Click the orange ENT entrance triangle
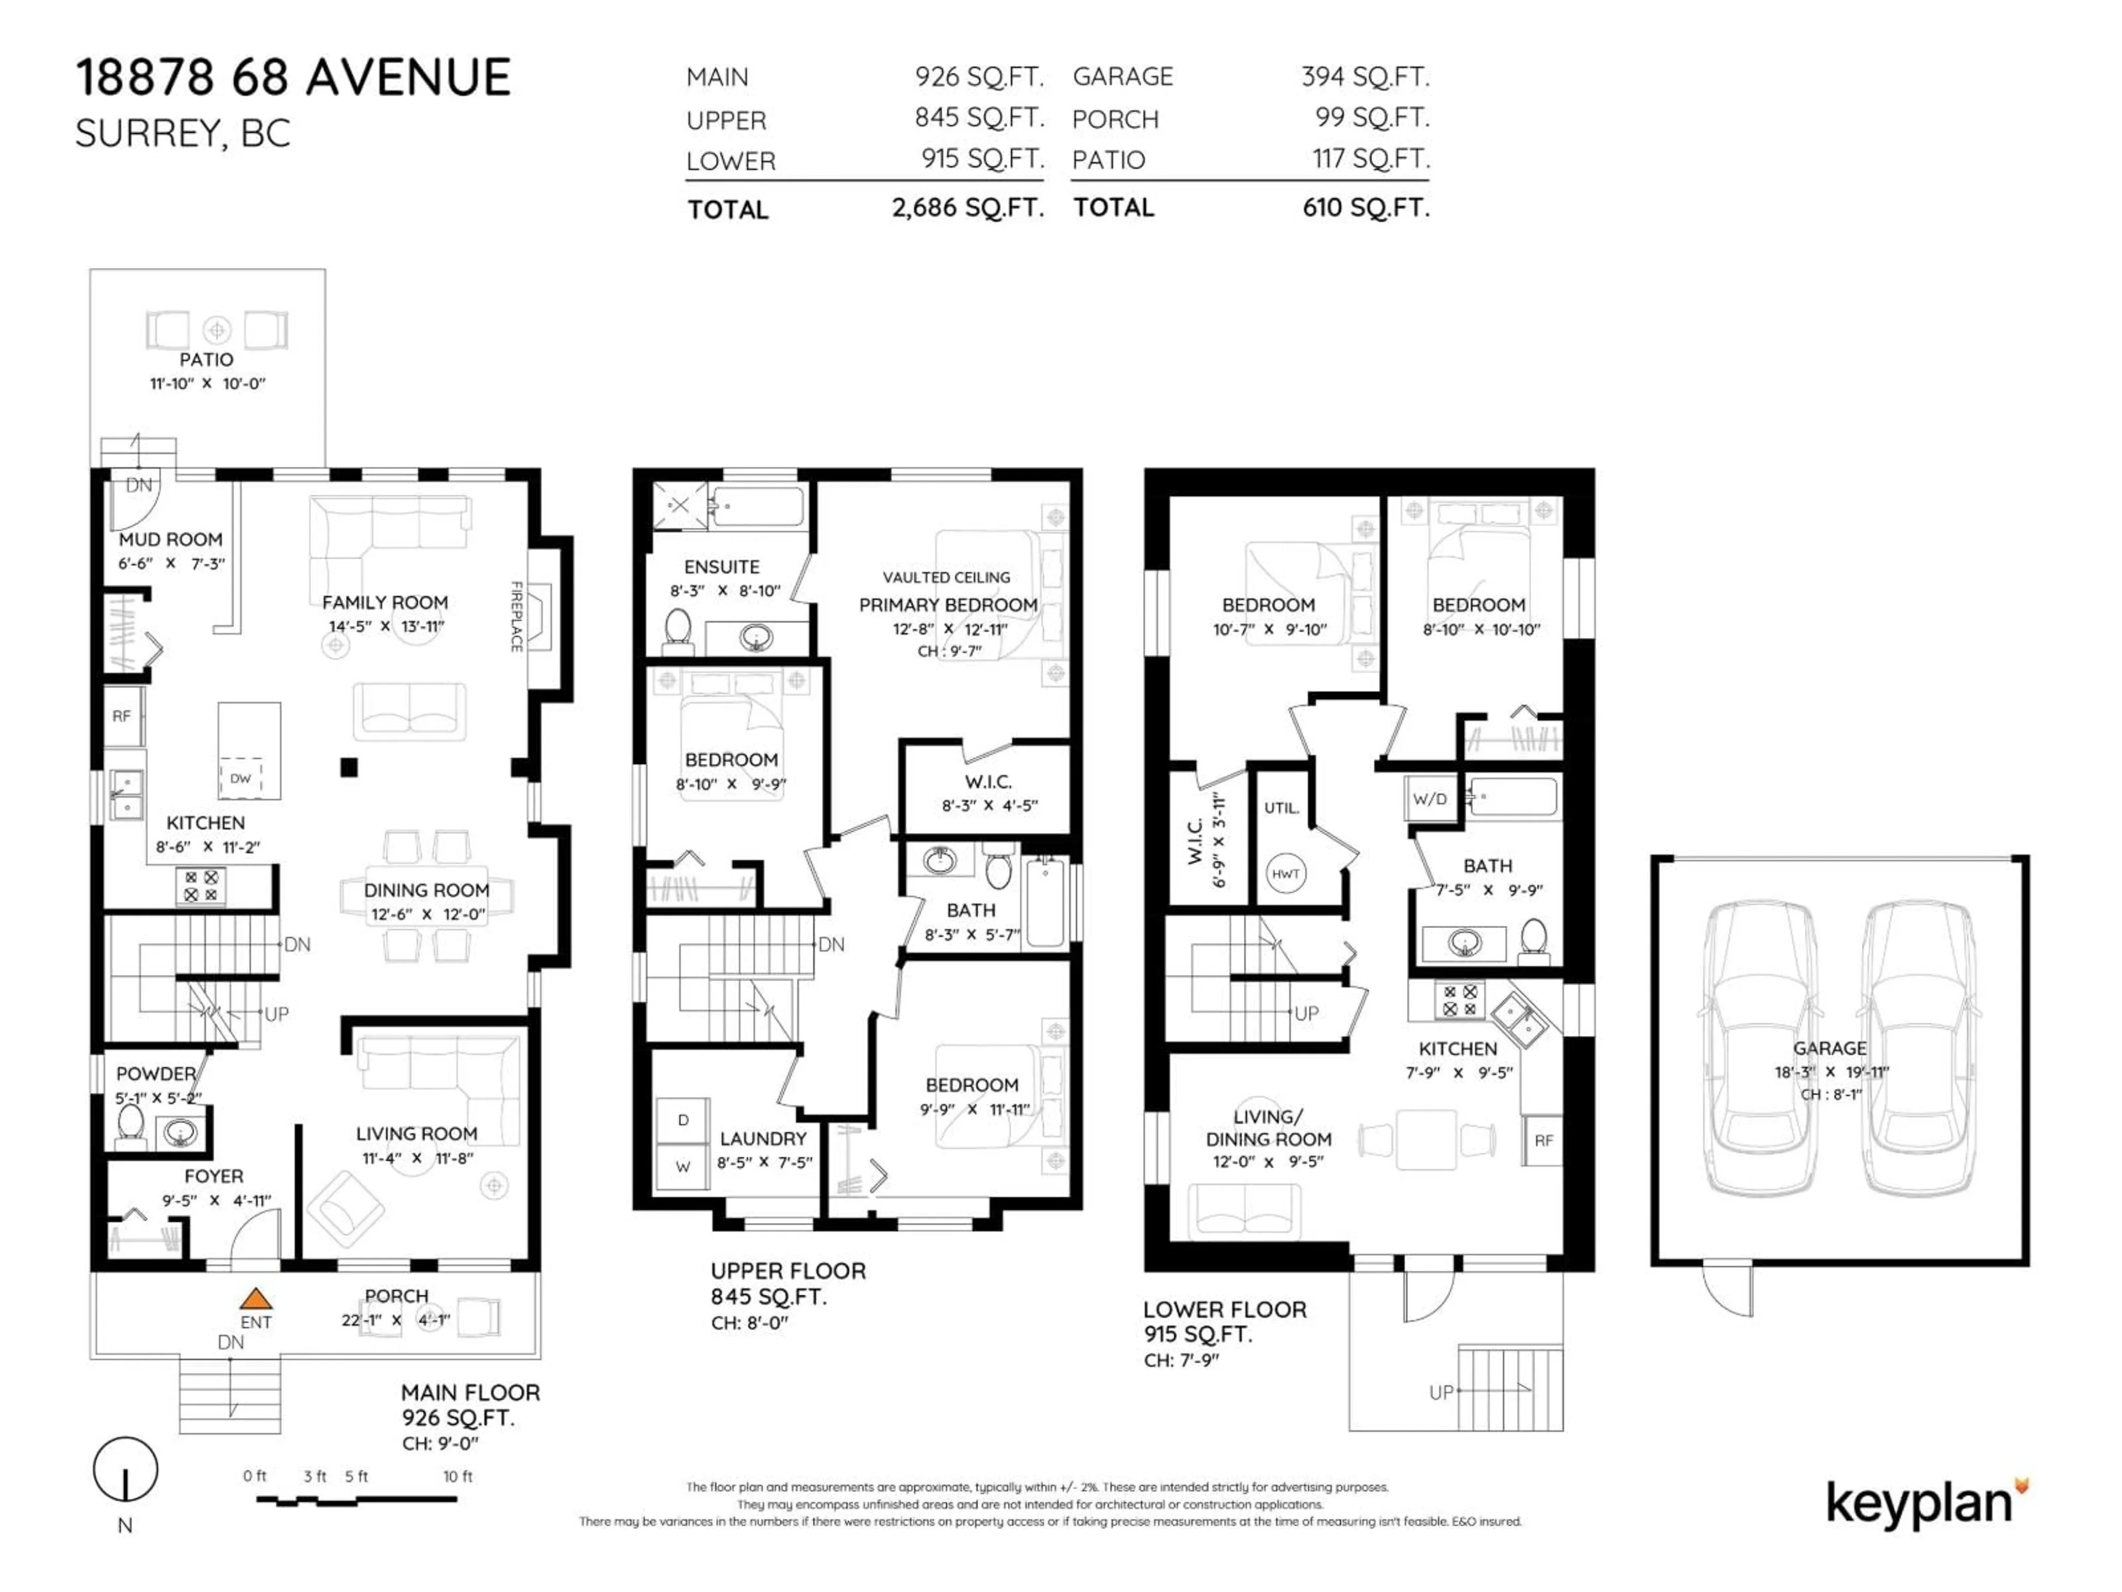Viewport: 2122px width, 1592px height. (x=255, y=1300)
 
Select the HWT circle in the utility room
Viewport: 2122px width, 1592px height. (x=1285, y=873)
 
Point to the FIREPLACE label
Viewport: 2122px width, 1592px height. (x=516, y=617)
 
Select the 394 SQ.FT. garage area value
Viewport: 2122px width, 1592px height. (x=1364, y=77)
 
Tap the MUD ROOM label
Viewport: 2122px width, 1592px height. (x=171, y=540)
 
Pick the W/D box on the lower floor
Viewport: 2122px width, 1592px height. (x=1430, y=798)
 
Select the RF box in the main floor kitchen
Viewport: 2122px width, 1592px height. (x=122, y=716)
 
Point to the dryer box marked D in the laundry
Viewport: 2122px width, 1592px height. (x=683, y=1120)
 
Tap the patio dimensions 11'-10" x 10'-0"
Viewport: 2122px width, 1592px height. (x=207, y=384)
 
